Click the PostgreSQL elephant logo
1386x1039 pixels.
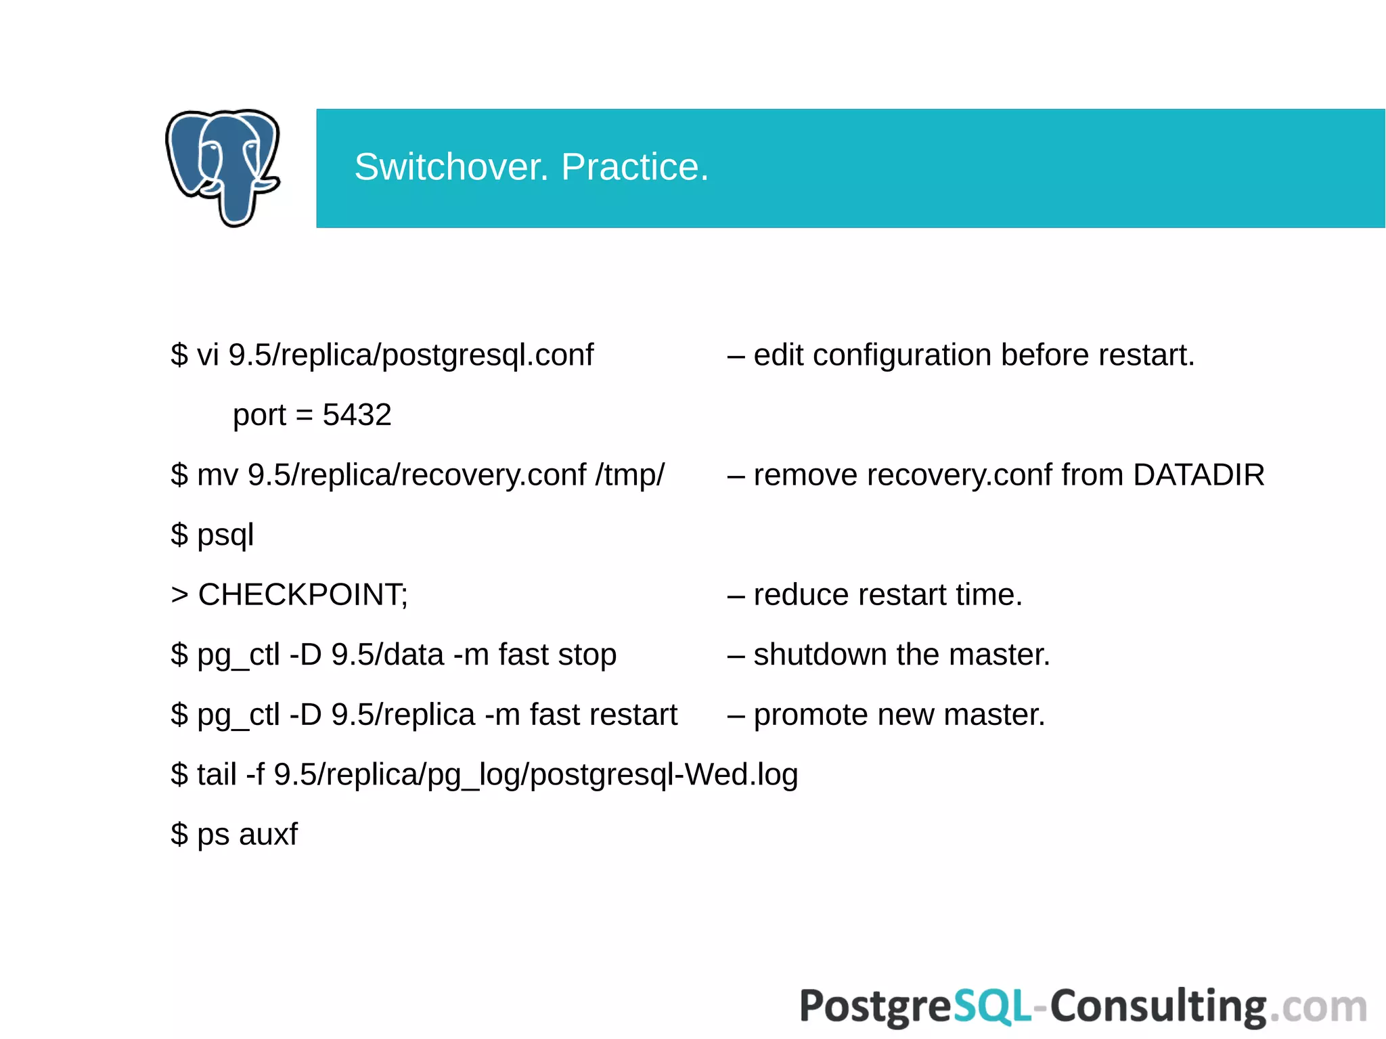pyautogui.click(x=223, y=167)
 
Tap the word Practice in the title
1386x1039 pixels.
pyautogui.click(x=634, y=167)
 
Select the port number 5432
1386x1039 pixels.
pyautogui.click(x=357, y=415)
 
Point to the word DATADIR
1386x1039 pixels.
pyautogui.click(x=1199, y=475)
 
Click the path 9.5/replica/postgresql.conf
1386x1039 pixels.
pyautogui.click(x=411, y=355)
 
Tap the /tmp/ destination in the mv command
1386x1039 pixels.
pyautogui.click(x=630, y=475)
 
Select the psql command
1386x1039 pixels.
pyautogui.click(x=225, y=535)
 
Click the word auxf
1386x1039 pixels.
pyautogui.click(x=268, y=835)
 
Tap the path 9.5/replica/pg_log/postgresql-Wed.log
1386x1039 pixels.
pyautogui.click(x=536, y=775)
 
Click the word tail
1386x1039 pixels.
pyautogui.click(x=217, y=775)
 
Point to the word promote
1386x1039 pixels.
pyautogui.click(x=811, y=715)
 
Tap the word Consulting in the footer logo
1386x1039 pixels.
pyautogui.click(x=1158, y=1007)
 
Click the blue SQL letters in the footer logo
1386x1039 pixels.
pyautogui.click(x=992, y=1007)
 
